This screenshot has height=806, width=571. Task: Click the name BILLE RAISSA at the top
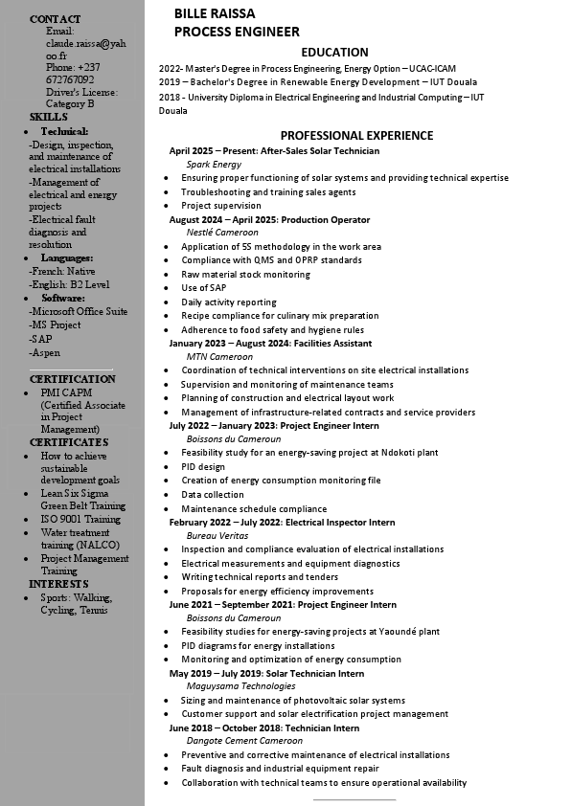pos(215,13)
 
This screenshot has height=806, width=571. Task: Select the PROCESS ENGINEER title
pos(237,32)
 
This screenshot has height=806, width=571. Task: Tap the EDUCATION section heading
pos(334,53)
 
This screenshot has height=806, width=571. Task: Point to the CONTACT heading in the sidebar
pos(56,19)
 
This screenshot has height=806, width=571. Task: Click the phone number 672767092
pos(70,79)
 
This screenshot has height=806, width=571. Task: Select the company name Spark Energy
pos(214,165)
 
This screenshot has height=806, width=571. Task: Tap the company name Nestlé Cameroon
pos(222,233)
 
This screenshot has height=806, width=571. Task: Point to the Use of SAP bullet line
pos(203,288)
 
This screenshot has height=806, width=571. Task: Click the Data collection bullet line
pos(213,495)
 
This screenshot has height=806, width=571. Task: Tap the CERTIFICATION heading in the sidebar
pos(73,379)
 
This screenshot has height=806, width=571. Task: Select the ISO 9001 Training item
pos(80,519)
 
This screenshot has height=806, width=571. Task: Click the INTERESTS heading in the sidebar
pos(58,584)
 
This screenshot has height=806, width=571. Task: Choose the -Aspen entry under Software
pos(44,353)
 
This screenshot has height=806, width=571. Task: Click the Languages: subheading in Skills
pos(67,258)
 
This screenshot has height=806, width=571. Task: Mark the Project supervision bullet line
pos(221,206)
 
